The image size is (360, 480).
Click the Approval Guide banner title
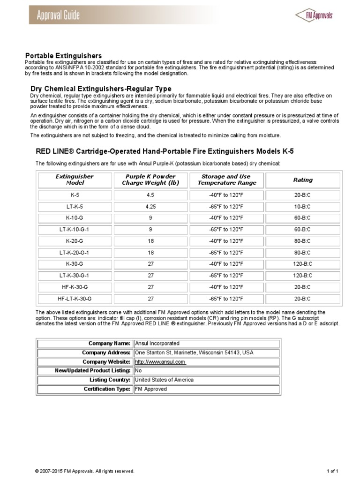point(59,15)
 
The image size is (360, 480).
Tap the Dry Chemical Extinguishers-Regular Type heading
point(101,89)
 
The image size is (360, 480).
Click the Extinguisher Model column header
point(75,180)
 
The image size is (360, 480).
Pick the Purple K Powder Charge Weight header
point(150,180)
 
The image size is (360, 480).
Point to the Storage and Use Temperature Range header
point(226,180)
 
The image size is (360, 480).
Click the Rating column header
point(302,180)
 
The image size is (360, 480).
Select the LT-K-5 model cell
point(75,206)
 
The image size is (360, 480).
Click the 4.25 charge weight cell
point(150,206)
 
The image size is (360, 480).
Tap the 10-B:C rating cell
point(302,206)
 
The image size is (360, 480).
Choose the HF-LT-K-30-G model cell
point(75,298)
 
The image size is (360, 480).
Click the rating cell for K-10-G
point(302,217)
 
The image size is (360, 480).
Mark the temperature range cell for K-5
point(226,195)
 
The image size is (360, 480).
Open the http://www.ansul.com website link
point(160,362)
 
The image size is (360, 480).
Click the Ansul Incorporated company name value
point(157,343)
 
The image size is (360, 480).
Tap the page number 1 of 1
point(331,471)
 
